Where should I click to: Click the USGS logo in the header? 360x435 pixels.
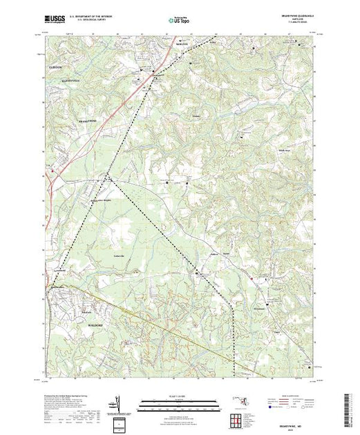pyautogui.click(x=55, y=20)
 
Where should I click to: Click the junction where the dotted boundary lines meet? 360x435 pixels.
pyautogui.click(x=105, y=177)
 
